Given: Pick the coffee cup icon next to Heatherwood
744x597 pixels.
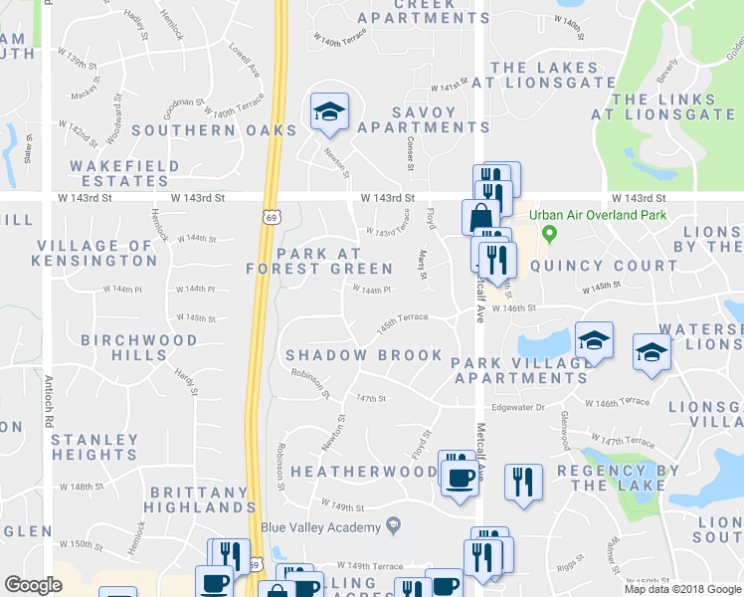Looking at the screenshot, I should point(459,476).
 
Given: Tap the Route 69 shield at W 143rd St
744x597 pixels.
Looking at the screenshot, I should point(271,215).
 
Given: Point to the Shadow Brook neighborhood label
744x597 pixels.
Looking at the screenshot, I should point(363,355).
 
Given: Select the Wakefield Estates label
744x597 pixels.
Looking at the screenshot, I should point(125,174).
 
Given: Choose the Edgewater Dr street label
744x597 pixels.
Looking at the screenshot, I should point(519,407).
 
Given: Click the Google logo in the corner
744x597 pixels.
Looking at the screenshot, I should point(33,585).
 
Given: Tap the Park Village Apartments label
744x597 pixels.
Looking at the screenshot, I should point(520,370).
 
